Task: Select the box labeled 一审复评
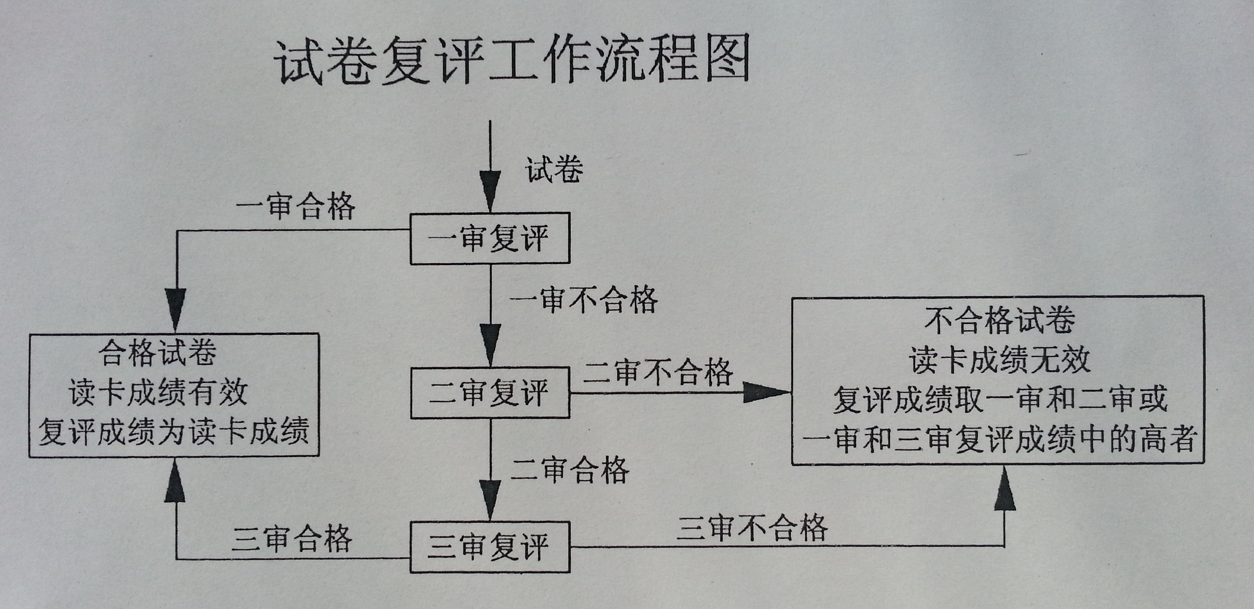pos(490,238)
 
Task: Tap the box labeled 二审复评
pos(490,393)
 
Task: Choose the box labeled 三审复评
pos(490,547)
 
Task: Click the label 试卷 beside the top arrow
pos(553,170)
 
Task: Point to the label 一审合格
pos(296,206)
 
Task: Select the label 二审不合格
pos(658,373)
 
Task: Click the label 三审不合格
pos(752,528)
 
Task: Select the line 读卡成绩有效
pos(158,392)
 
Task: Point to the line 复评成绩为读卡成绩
pos(174,431)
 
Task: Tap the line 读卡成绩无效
pos(999,361)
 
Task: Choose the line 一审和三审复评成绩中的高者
pos(999,439)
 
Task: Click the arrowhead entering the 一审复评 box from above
pos(490,192)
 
